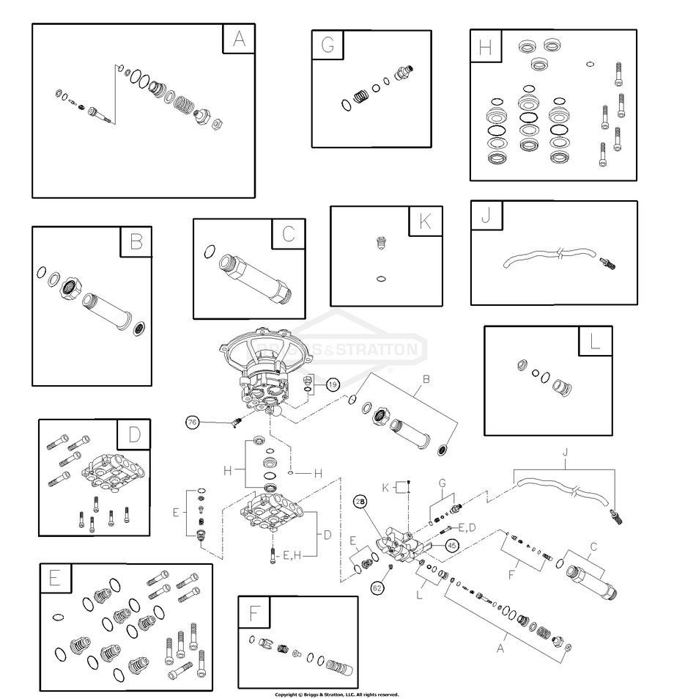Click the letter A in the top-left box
pos(239,39)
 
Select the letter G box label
pos(327,45)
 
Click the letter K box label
pos(425,222)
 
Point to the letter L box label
pos(596,342)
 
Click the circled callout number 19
pos(333,384)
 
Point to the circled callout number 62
pos(377,587)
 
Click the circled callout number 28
pos(360,502)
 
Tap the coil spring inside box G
pos(361,96)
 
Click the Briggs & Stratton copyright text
pos(336,694)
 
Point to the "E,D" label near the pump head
pos(467,527)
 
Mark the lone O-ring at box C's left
pos(210,252)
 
